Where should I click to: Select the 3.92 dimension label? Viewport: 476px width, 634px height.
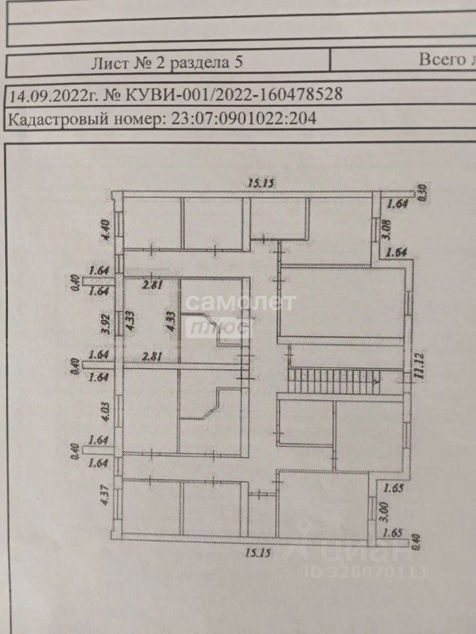click(104, 324)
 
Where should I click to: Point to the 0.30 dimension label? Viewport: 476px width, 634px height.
click(425, 192)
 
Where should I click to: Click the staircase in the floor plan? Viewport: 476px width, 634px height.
click(335, 381)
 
